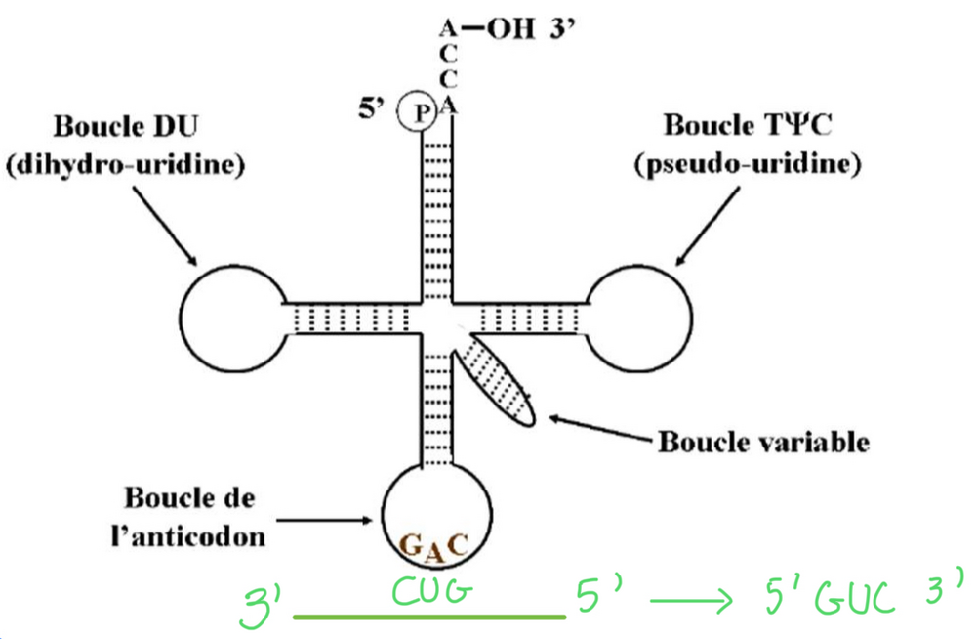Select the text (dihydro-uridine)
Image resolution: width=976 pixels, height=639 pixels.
point(124,165)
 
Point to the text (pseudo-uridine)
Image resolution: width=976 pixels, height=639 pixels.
point(748,164)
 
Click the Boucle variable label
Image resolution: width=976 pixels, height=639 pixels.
point(763,442)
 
